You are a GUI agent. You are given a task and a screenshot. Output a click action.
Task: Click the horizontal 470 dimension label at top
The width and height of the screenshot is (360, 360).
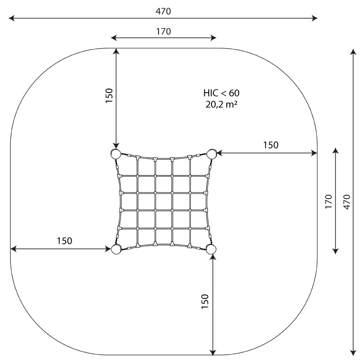163,11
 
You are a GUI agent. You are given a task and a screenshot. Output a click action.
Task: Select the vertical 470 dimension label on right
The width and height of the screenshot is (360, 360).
347,202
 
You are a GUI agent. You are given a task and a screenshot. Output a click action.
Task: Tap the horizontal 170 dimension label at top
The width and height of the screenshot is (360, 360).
163,31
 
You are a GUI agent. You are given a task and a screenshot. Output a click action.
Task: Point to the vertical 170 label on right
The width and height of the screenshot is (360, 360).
328,201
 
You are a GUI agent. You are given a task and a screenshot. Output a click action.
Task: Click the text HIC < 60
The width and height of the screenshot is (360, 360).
221,93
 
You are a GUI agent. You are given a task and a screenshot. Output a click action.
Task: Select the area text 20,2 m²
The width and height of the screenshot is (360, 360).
221,104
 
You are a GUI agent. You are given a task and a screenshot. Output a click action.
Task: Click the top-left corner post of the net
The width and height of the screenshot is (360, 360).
116,154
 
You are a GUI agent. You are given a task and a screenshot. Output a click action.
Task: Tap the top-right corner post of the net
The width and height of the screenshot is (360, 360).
211,154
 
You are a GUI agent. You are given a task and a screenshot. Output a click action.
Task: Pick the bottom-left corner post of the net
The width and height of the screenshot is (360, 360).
116,249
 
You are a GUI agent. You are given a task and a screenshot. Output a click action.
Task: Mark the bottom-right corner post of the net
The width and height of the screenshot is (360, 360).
211,249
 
